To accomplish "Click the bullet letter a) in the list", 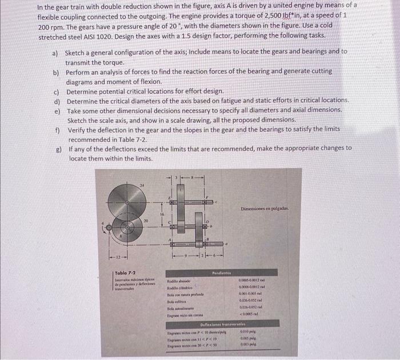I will pos(55,51).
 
